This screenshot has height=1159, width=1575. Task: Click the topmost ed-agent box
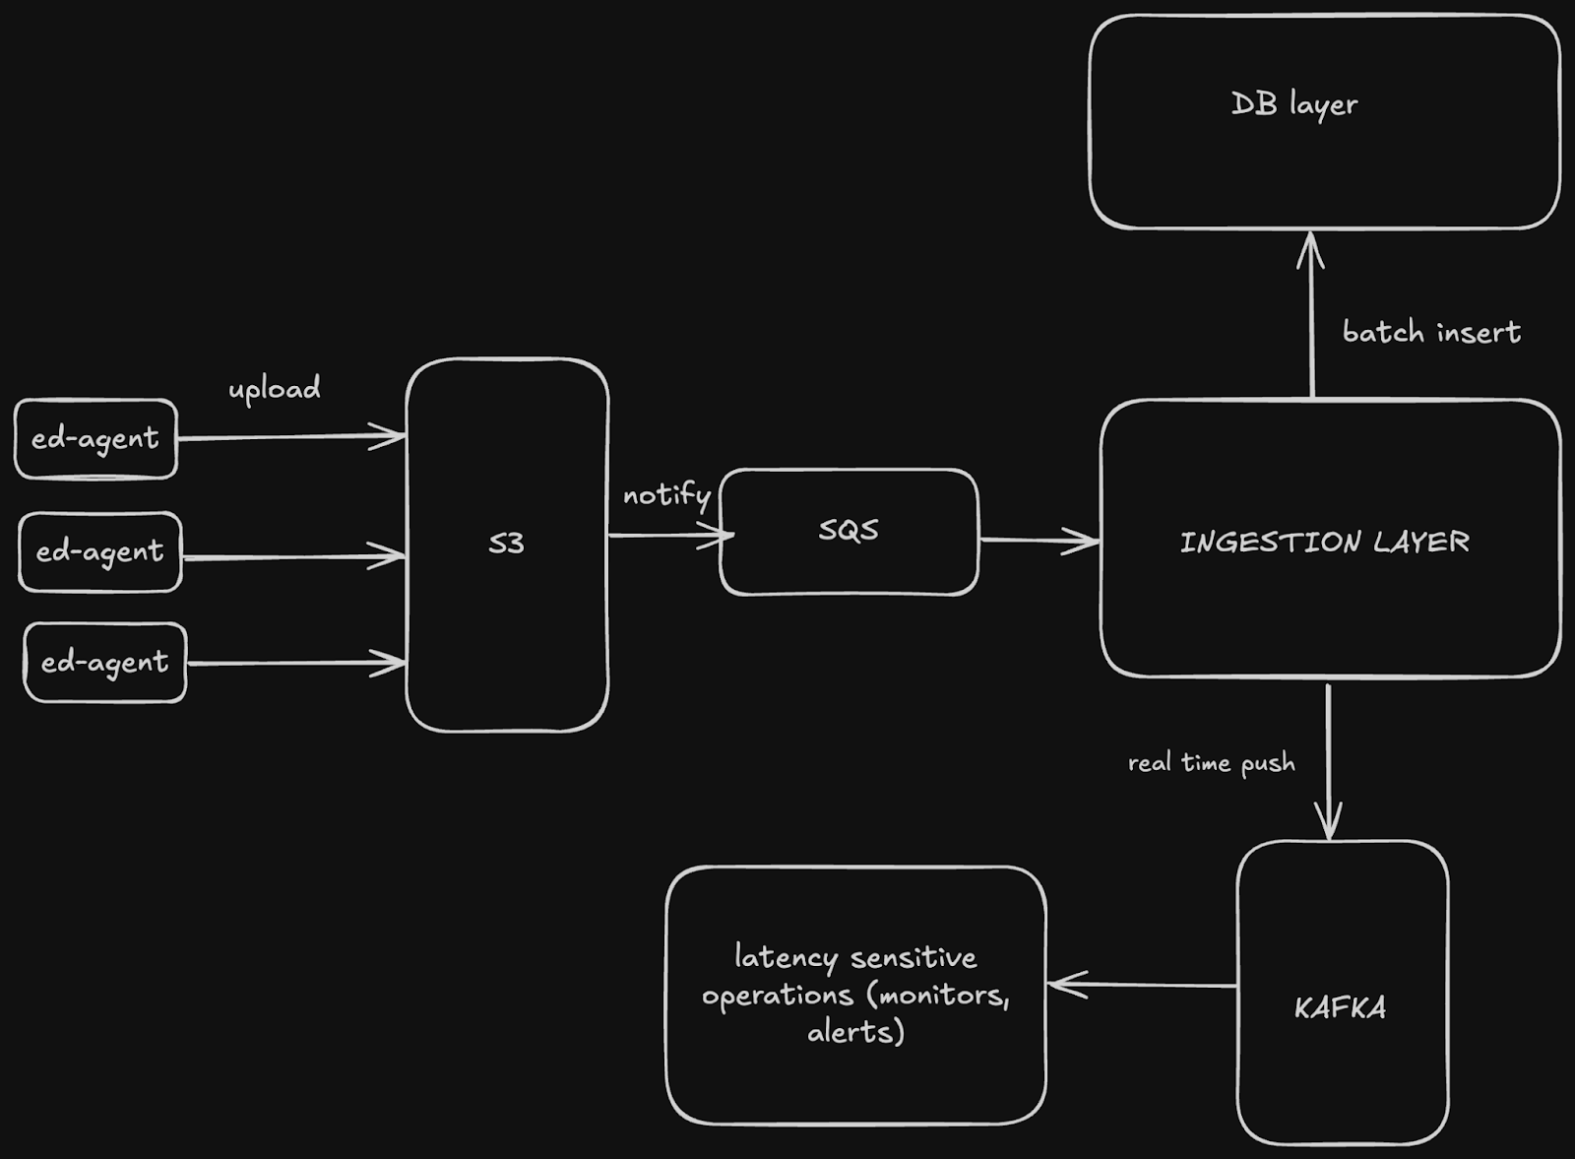pos(95,438)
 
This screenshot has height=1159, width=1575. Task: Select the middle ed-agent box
pos(99,551)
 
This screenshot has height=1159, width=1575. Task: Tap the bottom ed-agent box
pos(104,663)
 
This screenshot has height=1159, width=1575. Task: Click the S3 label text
pos(506,543)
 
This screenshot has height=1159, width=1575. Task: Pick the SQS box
pos(849,532)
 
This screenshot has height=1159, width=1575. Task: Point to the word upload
pos(275,389)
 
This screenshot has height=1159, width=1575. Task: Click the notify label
pos(666,494)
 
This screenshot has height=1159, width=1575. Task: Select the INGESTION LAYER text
pos(1325,542)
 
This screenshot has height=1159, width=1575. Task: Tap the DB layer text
pos(1294,104)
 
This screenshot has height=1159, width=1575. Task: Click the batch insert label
pos(1431,333)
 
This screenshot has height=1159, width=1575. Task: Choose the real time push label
pos(1211,763)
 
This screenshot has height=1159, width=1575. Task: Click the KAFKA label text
pos(1340,1007)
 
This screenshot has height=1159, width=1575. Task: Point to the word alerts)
pos(855,1032)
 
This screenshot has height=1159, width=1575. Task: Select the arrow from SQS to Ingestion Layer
pos(1039,540)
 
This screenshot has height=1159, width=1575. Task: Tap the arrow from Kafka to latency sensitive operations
pos(1142,985)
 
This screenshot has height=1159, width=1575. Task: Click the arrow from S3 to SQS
pos(669,536)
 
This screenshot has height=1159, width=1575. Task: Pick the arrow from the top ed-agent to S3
pos(290,436)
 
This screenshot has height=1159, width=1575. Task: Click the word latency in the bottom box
pos(786,957)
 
